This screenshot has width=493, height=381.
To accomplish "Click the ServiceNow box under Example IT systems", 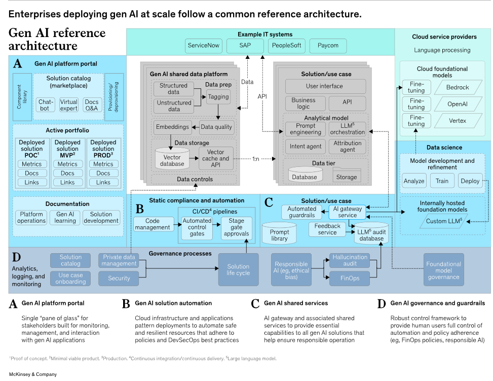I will (x=203, y=46).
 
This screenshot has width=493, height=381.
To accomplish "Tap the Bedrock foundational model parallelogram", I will (x=457, y=87).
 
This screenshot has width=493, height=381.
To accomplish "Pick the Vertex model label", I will (x=457, y=121).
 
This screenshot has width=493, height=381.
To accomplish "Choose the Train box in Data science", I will (x=442, y=181).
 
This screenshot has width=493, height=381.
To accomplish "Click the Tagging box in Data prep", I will (x=218, y=97).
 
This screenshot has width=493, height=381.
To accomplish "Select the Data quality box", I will (x=216, y=127).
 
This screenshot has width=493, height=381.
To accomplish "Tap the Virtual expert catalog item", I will (x=69, y=105).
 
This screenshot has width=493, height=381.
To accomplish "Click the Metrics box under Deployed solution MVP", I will (x=67, y=164).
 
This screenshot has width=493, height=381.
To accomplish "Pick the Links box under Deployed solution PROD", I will (x=103, y=182).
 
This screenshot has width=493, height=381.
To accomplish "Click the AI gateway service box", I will (x=347, y=212).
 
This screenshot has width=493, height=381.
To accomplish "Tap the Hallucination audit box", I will (x=350, y=260).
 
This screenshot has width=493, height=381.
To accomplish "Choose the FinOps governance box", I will (x=350, y=278).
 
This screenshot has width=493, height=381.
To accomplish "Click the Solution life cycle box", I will (x=238, y=269).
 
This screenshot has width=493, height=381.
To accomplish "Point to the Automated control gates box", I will (x=197, y=227).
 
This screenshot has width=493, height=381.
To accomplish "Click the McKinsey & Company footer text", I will (x=33, y=374).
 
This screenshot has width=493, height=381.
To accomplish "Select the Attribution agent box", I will (x=347, y=147).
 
